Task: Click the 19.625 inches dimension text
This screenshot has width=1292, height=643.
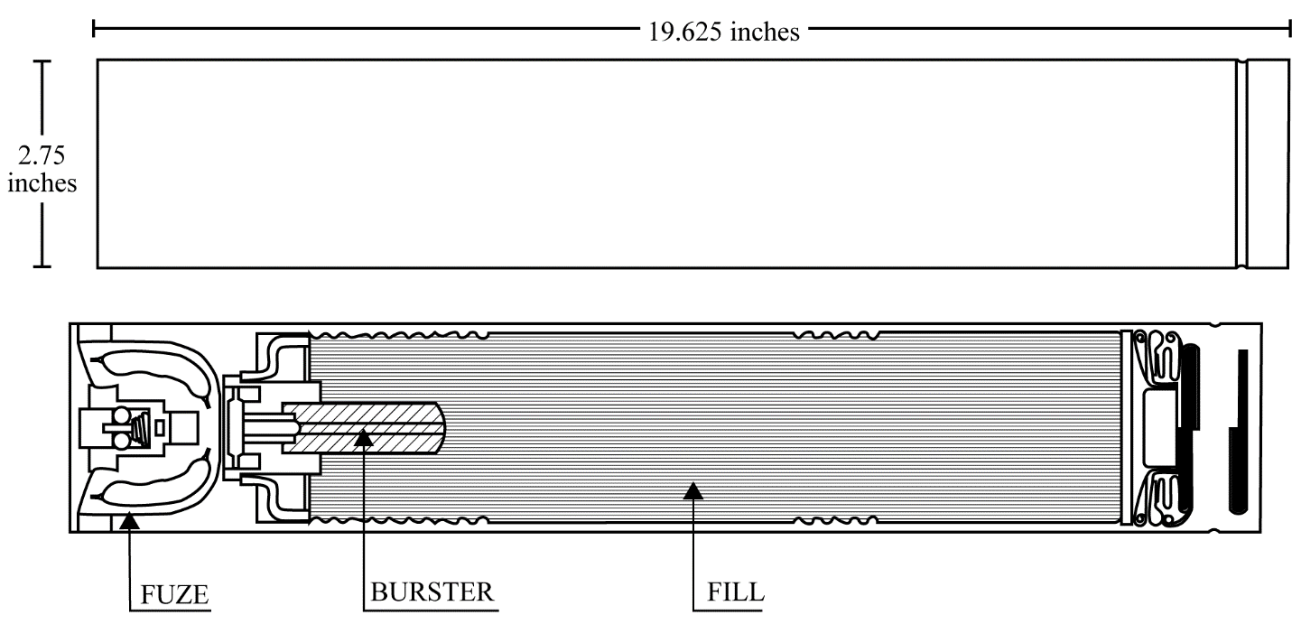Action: click(724, 32)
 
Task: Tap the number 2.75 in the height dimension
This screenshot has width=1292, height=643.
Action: click(42, 155)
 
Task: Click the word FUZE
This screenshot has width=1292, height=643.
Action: click(174, 594)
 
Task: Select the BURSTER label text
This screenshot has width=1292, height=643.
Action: click(432, 592)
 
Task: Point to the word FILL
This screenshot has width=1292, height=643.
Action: click(736, 592)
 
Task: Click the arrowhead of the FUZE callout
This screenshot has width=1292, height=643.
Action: click(130, 520)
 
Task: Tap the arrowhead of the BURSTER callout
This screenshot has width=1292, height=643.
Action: click(363, 438)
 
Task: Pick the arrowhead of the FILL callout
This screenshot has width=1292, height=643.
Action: click(693, 490)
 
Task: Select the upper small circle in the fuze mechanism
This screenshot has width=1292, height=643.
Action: click(122, 415)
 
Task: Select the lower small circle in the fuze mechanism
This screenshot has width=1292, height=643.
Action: click(122, 441)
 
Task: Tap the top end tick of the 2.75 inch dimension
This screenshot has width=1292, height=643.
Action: click(42, 61)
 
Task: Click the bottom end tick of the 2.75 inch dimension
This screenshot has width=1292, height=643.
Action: click(42, 266)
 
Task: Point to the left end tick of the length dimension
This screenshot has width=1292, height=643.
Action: click(93, 28)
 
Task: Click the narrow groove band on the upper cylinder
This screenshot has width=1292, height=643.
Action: click(1241, 163)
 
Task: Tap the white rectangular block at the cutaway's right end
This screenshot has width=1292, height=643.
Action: click(1159, 427)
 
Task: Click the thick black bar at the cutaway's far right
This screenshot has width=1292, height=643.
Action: click(1239, 432)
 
